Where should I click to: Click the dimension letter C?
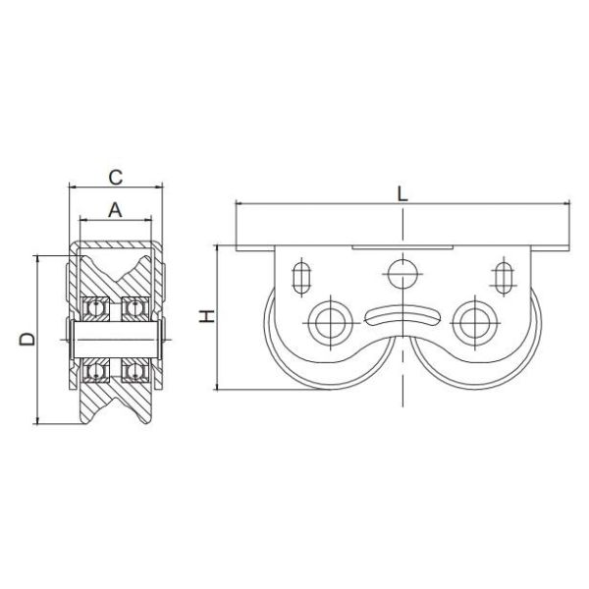coord(115,177)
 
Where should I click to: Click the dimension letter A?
coord(115,208)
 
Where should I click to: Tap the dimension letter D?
coord(27,339)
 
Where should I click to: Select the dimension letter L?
coord(402,192)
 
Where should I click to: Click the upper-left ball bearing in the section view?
coord(96,308)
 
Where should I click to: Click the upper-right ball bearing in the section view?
coord(134,308)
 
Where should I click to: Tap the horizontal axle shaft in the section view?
coord(115,341)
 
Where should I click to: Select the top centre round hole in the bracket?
coord(401,272)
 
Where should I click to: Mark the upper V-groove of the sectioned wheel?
coord(115,265)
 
